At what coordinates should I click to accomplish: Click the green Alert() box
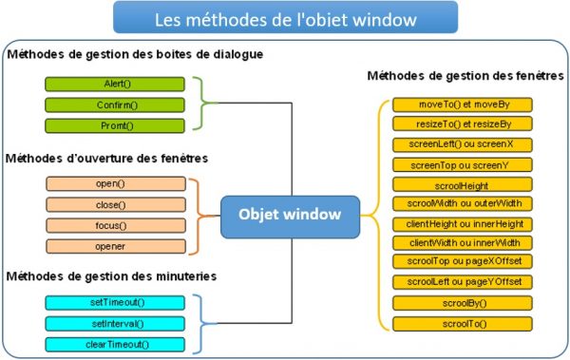pos(118,84)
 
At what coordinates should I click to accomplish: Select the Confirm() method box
pos(118,104)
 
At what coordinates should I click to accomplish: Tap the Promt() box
pos(118,125)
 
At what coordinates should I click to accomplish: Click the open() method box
pos(118,183)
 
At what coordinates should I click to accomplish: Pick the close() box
pos(118,204)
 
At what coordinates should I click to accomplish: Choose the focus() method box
pos(118,225)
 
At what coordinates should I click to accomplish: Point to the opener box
pos(118,246)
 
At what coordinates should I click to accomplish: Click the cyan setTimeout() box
pos(118,303)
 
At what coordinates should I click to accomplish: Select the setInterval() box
pos(118,324)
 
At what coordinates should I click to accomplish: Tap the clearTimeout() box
pos(118,344)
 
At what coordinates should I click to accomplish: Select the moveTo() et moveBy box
pos(464,104)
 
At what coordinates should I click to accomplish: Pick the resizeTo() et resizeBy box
pos(464,123)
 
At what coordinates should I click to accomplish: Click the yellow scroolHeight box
pos(464,184)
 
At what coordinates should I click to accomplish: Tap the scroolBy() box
pos(464,304)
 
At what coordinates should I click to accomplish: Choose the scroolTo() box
pos(464,325)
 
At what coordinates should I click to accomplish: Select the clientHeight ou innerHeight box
pos(464,224)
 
